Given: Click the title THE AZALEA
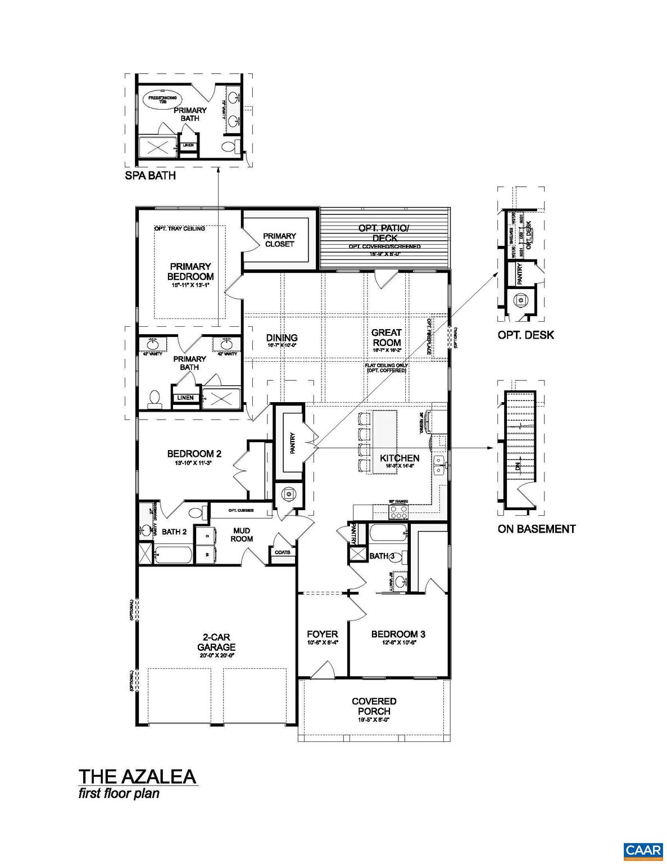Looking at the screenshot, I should tap(137, 776).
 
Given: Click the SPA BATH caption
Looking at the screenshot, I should tap(150, 175).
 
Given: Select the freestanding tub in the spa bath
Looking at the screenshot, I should tap(162, 99).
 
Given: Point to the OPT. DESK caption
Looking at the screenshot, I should tap(525, 335).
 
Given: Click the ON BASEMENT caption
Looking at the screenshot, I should tap(536, 529).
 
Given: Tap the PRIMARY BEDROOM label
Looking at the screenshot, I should tap(190, 271).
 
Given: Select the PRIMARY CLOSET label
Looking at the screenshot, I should tap(279, 240).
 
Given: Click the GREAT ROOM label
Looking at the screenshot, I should tap(387, 337).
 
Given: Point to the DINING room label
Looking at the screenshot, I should tap(282, 338).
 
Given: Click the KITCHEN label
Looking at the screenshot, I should tap(400, 458).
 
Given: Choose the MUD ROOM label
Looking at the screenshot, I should tap(242, 534).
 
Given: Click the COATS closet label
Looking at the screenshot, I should tap(283, 552).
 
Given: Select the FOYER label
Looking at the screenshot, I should tap(323, 634).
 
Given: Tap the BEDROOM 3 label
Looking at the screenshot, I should tap(398, 634).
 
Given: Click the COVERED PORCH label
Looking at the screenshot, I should tap(374, 706).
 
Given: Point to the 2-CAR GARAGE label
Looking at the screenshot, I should tap(216, 642).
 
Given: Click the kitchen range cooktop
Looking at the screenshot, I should tap(398, 511).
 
